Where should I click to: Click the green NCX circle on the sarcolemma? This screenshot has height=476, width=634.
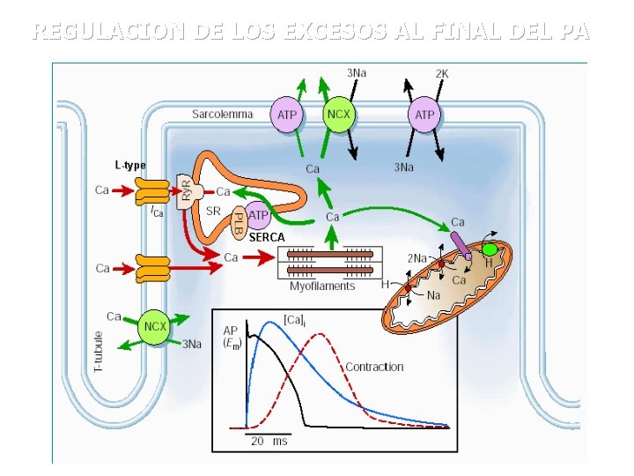point(339,115)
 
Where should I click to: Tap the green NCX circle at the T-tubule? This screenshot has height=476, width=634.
point(155,326)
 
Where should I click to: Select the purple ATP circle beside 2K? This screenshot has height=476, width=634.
point(424,115)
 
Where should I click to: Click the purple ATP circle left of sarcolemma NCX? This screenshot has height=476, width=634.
point(287,115)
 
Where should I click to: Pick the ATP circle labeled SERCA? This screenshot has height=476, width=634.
point(258,214)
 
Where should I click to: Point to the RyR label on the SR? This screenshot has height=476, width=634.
point(187,190)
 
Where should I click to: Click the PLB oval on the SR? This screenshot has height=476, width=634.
point(238,222)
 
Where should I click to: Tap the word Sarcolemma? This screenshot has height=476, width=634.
point(223,114)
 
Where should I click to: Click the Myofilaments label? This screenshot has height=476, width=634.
point(322,286)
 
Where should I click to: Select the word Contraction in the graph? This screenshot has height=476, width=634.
point(374,367)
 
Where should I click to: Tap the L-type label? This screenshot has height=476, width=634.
point(130,165)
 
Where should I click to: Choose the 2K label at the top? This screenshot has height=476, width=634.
point(442,73)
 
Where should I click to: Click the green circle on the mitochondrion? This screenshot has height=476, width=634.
point(490,249)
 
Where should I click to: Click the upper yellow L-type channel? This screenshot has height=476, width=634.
point(152,192)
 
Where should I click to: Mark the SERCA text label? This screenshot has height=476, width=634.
point(266,238)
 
